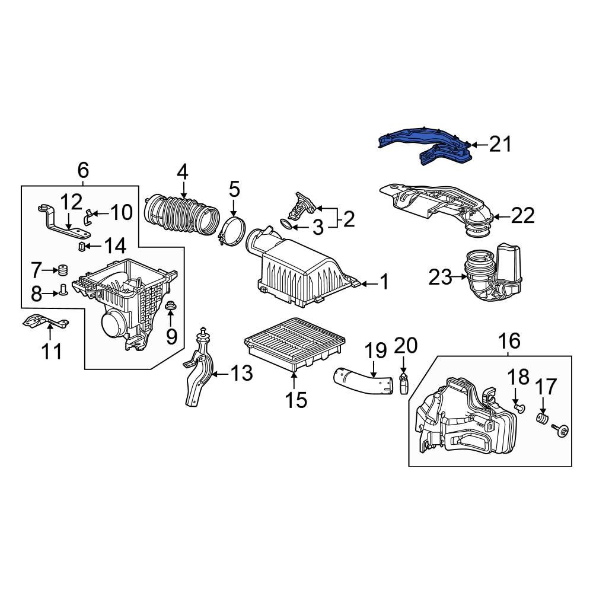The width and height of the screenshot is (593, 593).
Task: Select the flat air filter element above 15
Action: (x=287, y=343)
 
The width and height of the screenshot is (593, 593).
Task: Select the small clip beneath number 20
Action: (x=404, y=382)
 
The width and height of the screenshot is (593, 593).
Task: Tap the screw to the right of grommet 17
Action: (x=560, y=430)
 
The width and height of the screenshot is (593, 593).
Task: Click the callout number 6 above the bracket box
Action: (x=83, y=171)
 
